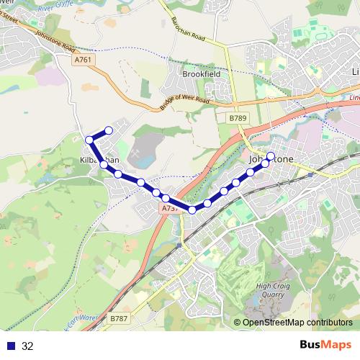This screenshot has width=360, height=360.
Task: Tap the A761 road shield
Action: point(83,61)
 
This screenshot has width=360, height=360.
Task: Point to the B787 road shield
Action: point(120,318)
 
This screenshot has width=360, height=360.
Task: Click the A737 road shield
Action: point(169,208)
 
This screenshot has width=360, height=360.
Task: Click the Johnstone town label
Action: point(271,161)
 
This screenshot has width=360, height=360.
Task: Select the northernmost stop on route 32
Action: point(109,130)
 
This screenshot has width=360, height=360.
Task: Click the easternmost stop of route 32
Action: point(271,156)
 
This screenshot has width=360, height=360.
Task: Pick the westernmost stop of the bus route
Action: point(89,139)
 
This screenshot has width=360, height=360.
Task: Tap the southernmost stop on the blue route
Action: point(192,210)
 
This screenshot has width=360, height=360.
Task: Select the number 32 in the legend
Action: point(27,346)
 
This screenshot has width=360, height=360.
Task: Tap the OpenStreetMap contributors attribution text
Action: point(297,323)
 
